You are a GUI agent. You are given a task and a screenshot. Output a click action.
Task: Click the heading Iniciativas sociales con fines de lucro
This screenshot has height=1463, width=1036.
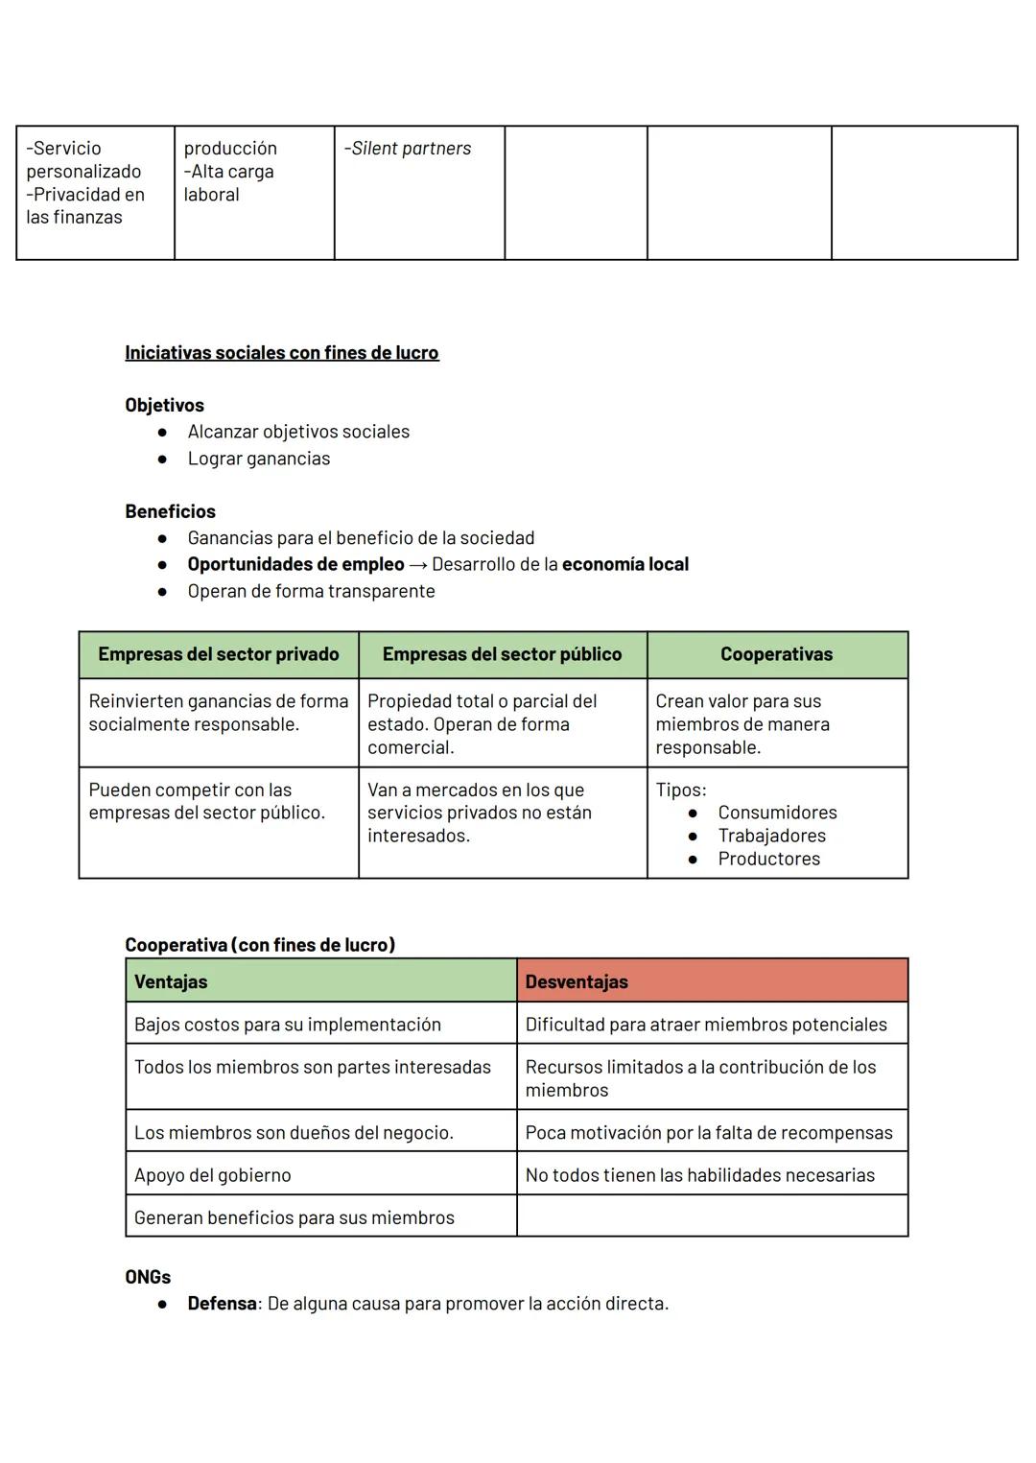point(281,352)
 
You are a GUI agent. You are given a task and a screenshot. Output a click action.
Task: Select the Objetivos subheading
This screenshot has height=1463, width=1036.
point(164,405)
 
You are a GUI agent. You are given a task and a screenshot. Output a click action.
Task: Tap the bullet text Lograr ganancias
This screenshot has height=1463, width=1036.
point(258,459)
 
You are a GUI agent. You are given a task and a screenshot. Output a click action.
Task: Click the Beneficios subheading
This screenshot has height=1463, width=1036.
point(170,511)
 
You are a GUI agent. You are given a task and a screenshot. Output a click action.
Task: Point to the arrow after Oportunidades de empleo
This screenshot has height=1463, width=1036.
point(417,565)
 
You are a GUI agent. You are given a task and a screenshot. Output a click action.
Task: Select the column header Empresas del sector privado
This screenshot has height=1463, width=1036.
point(219,654)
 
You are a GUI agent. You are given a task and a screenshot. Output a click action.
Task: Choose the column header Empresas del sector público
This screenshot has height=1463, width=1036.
point(502,654)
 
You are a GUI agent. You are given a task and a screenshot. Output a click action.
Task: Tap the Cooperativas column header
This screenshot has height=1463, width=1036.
point(776,654)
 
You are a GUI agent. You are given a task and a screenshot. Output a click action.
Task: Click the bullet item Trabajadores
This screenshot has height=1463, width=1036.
point(771,836)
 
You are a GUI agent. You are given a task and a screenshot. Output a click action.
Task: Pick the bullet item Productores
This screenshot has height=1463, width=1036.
point(768,859)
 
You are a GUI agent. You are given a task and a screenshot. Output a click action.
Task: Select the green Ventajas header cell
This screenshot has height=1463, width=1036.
point(320,981)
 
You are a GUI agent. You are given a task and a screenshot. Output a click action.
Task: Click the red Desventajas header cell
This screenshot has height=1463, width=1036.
point(712,981)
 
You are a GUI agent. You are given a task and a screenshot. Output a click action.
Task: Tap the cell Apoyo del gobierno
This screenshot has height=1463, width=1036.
point(212,1175)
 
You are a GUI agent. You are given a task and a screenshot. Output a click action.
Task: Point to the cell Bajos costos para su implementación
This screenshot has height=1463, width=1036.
point(287,1025)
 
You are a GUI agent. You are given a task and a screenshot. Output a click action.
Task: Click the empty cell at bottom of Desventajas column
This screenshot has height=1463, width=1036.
point(712,1216)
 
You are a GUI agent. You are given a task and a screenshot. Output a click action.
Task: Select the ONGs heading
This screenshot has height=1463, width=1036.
point(148,1277)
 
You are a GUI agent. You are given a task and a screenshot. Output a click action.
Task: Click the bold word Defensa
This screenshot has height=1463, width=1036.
point(222,1304)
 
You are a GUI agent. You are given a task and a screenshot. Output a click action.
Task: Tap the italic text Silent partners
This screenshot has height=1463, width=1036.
point(411,149)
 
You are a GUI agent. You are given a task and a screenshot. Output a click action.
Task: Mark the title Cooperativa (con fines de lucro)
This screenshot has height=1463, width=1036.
point(260,945)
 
